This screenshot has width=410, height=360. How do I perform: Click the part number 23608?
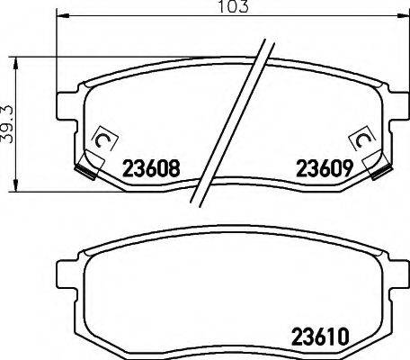point(151,168)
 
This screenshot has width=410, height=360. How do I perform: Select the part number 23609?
point(324,168)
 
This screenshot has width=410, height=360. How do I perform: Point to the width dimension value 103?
point(233,6)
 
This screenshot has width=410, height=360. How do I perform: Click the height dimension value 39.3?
point(7,124)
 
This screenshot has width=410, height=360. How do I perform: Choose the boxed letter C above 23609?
point(362,139)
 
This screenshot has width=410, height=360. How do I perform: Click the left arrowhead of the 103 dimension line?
point(63,14)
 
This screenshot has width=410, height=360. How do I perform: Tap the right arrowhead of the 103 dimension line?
point(403,14)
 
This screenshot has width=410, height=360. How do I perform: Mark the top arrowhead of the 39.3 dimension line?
point(14,64)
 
